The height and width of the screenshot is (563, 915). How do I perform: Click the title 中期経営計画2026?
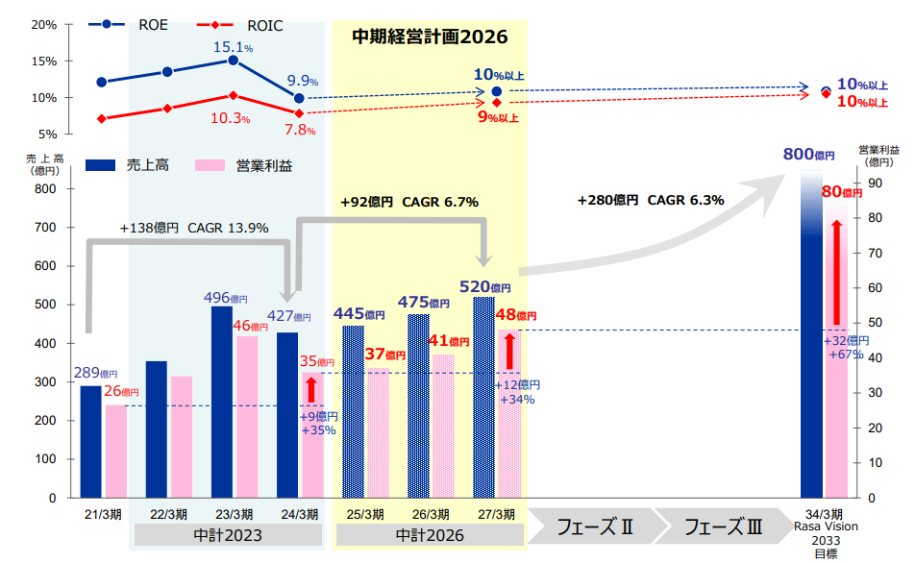[x=429, y=37]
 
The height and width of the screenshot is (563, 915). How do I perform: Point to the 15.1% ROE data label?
[x=233, y=47]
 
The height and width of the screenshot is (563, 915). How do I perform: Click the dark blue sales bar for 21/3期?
[x=90, y=441]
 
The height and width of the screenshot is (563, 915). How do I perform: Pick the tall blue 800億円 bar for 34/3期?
[x=812, y=336]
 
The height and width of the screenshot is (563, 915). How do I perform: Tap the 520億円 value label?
[x=490, y=286]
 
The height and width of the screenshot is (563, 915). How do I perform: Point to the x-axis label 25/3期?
[x=364, y=513]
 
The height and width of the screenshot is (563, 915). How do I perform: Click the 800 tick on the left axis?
[x=44, y=188]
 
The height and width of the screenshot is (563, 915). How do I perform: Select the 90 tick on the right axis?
[x=875, y=183]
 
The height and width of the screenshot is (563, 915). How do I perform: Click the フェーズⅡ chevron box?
[x=596, y=526]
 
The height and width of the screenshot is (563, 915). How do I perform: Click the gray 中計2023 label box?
[x=228, y=535]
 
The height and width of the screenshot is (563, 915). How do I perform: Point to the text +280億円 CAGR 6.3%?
[x=651, y=201]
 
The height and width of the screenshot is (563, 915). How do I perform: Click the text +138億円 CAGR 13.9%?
[x=194, y=228]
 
